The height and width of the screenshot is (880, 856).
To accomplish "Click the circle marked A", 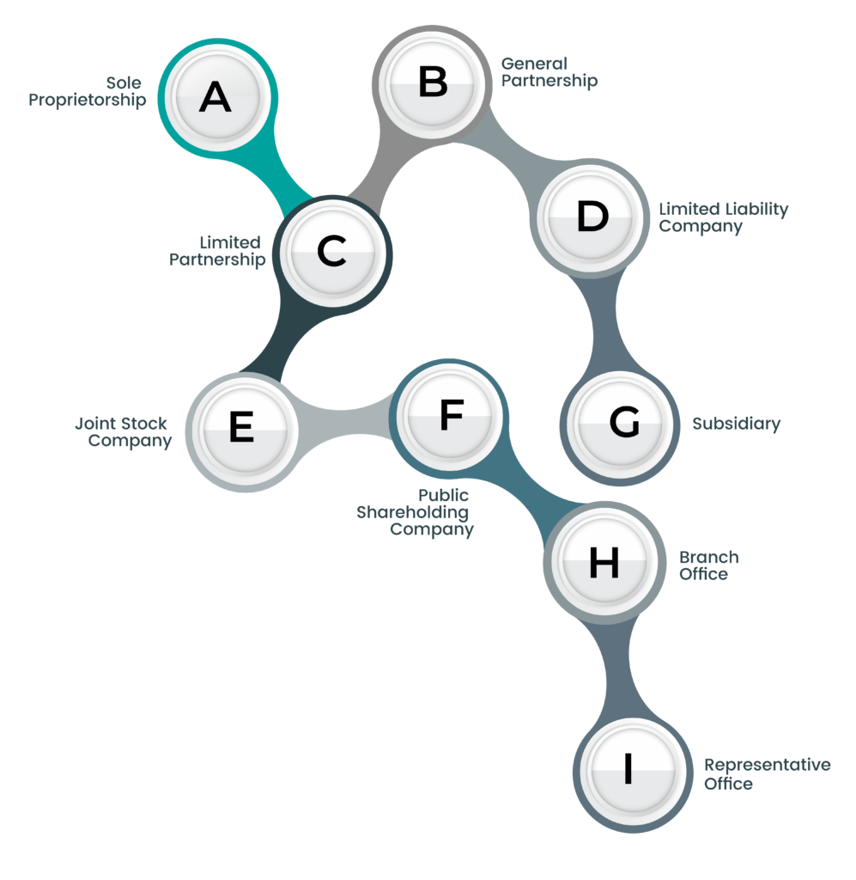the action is point(217,98).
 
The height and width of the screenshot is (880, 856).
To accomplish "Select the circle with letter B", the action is point(432,83).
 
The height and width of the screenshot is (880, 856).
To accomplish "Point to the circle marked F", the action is point(449,418).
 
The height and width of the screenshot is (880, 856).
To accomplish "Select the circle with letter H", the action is point(604,562).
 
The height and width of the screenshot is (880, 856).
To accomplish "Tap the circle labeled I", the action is point(633,773).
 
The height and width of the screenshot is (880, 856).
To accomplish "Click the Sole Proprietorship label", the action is point(88,91).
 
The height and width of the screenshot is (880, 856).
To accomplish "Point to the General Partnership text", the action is point(549,72).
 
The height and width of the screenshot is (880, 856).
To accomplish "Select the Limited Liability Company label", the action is point(723,217).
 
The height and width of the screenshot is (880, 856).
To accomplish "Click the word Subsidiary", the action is point(736,424).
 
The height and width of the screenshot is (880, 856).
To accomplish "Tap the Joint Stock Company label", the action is point(124,432).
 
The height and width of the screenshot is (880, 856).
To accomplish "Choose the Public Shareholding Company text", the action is point(416,512).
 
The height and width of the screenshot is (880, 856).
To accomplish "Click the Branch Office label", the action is point(709,565).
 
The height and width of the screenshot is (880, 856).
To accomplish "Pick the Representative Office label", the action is point(768,774).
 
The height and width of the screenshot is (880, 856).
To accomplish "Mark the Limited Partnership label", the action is point(217,251).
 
